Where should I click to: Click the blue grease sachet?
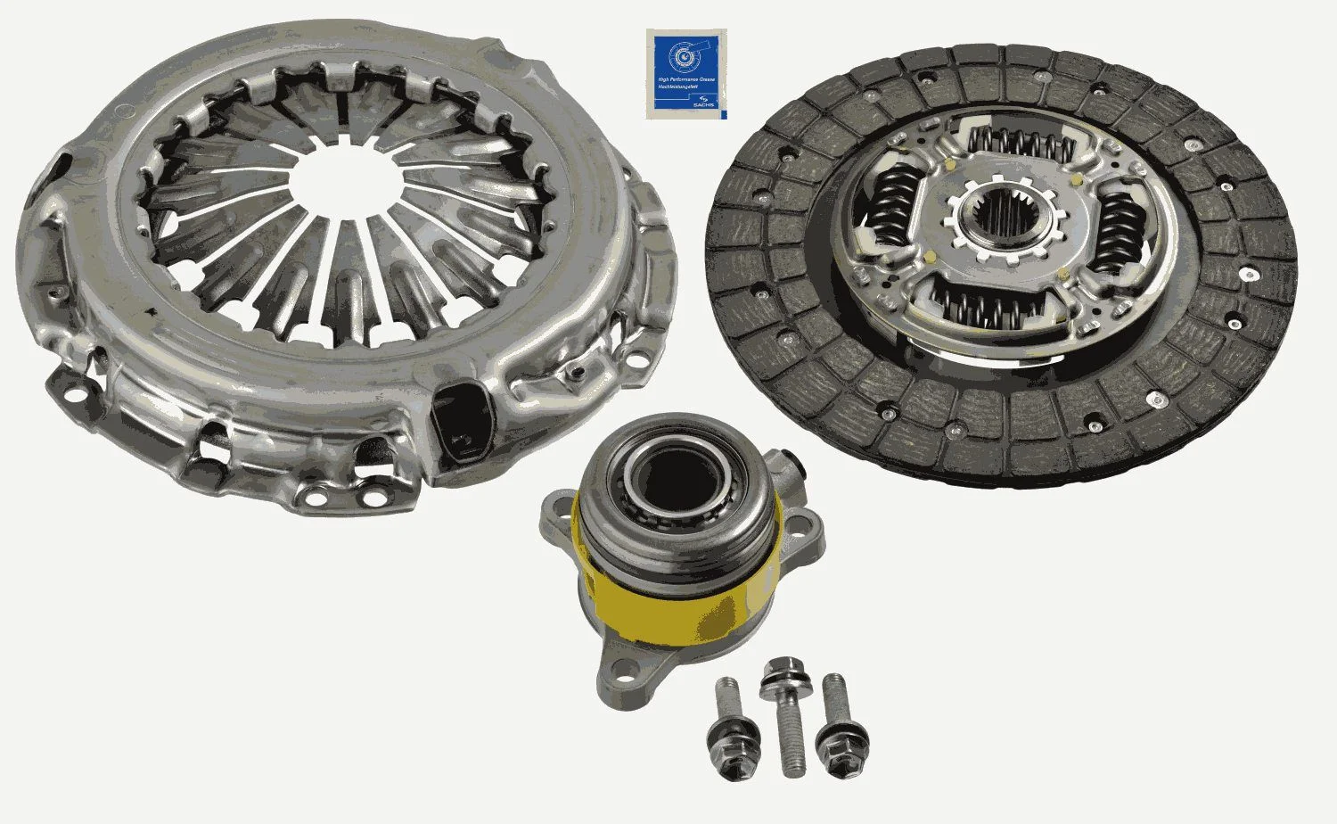coord(685,73)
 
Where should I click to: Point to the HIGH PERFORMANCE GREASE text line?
coord(680,78)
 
